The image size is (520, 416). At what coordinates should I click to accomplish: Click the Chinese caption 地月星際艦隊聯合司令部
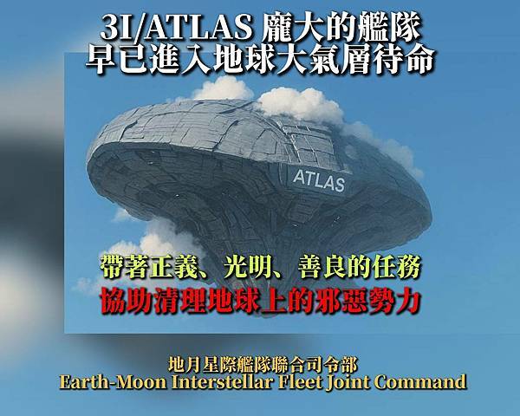(260, 363)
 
